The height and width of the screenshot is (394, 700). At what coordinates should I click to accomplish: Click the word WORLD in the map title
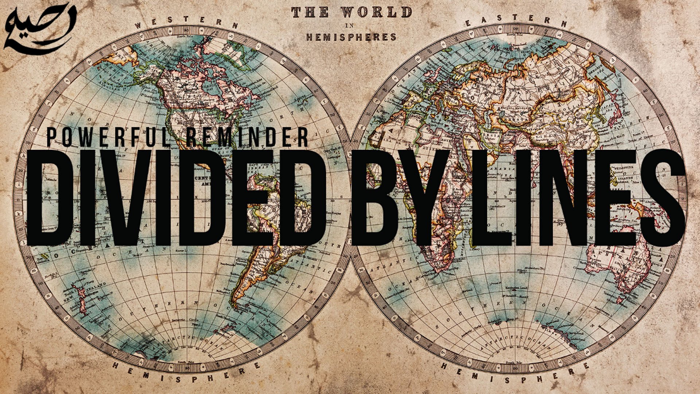[x=377, y=12]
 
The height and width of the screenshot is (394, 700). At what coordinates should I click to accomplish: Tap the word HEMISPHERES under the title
[x=351, y=37]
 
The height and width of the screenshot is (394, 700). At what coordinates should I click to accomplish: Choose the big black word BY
[x=401, y=197]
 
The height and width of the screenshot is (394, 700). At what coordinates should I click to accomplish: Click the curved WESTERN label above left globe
[x=186, y=23]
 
